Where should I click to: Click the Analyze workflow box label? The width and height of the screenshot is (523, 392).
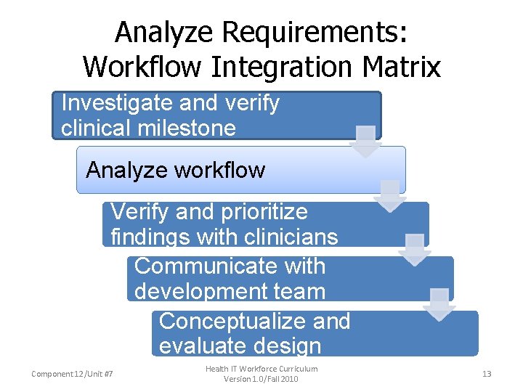coord(176,171)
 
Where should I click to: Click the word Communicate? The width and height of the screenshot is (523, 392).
coord(230,266)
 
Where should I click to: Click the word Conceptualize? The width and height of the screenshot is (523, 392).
coord(254,321)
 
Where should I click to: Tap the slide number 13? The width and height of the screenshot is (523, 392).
coord(487,374)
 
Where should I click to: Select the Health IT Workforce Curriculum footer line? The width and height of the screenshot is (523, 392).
coord(261,369)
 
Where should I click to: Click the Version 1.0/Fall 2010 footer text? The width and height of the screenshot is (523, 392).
coord(261,379)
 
